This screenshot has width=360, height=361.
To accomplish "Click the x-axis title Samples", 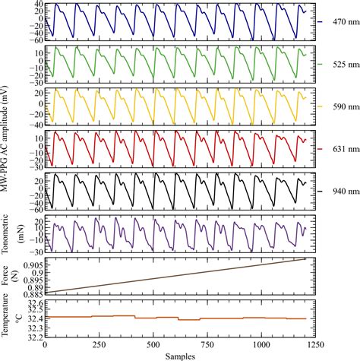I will tap(176, 355).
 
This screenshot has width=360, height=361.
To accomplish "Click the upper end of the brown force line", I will tap(305, 259).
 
